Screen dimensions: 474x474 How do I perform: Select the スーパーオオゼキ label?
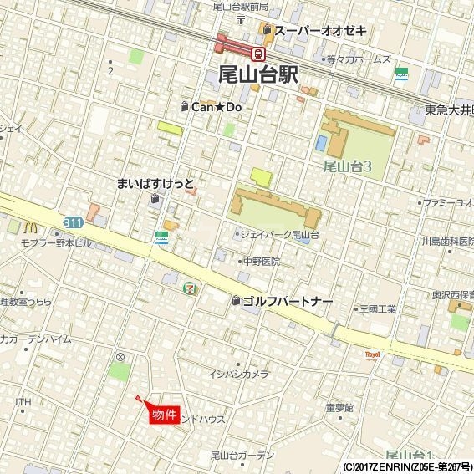click(x=321, y=31)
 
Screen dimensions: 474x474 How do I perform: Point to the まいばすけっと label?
click(x=156, y=183)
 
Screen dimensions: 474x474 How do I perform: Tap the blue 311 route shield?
click(x=72, y=221)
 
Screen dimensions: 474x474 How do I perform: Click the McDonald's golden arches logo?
click(x=30, y=226)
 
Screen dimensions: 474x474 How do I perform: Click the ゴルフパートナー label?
click(x=287, y=300)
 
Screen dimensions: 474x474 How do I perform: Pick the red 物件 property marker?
click(x=165, y=414)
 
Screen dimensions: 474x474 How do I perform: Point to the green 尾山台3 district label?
click(x=347, y=166)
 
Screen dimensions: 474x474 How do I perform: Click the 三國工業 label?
click(x=377, y=308)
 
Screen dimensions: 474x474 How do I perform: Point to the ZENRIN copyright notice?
click(x=407, y=466)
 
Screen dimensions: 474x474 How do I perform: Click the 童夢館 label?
click(x=341, y=408)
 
